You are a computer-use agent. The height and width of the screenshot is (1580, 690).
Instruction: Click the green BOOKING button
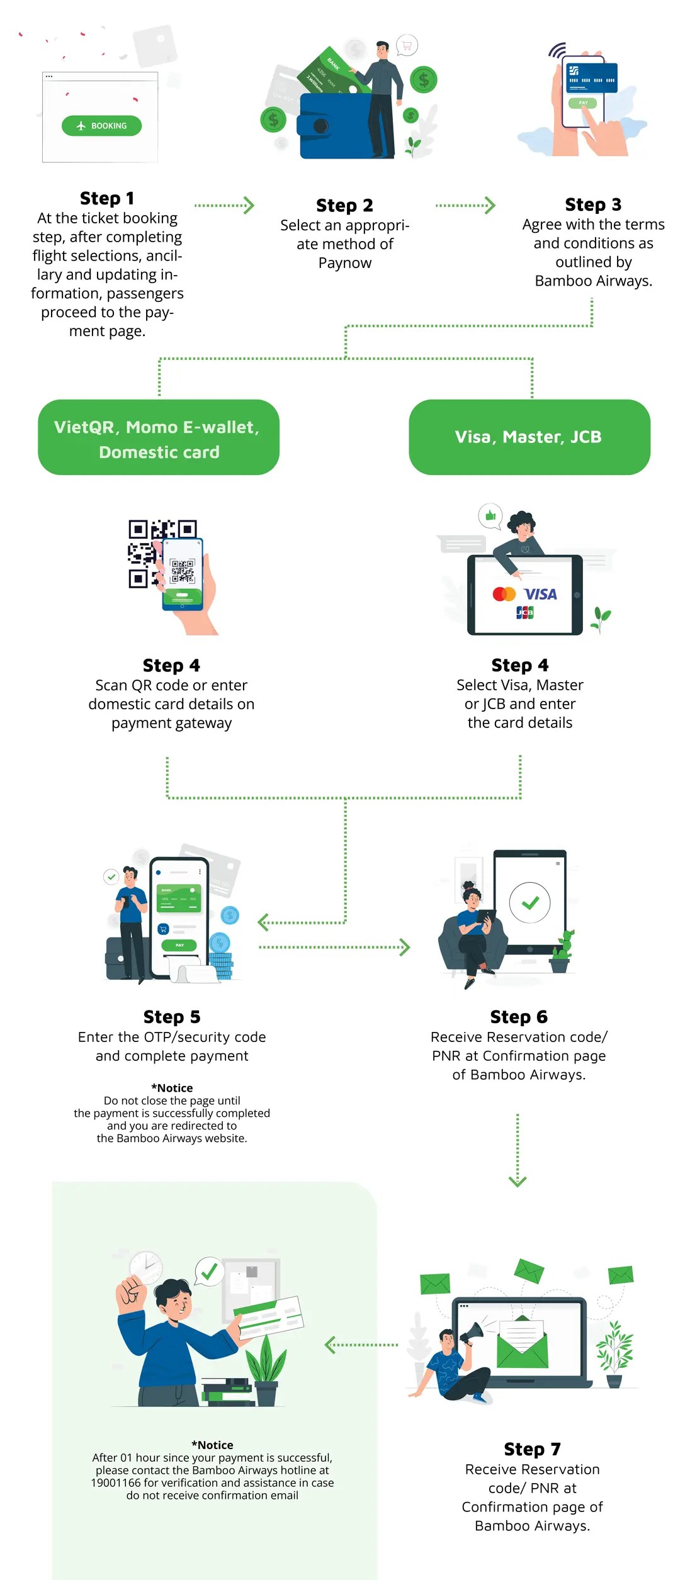click(101, 126)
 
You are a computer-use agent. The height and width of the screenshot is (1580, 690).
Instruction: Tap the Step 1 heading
click(107, 198)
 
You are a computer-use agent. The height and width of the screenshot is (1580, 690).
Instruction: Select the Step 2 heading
click(344, 205)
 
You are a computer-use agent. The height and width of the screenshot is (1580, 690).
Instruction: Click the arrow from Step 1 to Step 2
click(225, 205)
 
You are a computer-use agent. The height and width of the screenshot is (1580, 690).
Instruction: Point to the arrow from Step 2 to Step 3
click(465, 205)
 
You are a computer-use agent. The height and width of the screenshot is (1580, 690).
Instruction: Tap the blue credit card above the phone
click(591, 77)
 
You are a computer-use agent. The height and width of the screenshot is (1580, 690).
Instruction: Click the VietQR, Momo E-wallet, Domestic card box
click(159, 437)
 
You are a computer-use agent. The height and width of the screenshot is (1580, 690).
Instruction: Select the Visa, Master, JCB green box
click(529, 437)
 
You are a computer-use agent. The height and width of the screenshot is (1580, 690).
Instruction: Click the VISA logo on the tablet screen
click(540, 594)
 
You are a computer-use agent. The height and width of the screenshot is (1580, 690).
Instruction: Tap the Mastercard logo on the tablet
click(504, 594)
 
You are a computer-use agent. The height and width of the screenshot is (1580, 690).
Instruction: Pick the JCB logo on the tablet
click(524, 612)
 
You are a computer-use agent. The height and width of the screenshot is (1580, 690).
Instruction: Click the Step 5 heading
click(172, 1017)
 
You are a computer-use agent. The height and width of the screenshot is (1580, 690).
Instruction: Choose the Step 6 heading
click(519, 1017)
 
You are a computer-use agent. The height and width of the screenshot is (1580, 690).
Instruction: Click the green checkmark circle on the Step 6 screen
click(530, 903)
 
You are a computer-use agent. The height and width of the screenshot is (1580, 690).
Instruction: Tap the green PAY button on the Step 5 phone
click(179, 945)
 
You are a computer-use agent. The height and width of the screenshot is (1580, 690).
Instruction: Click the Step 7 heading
click(532, 1449)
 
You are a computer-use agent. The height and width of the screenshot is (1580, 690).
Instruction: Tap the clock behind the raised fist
click(146, 1267)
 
